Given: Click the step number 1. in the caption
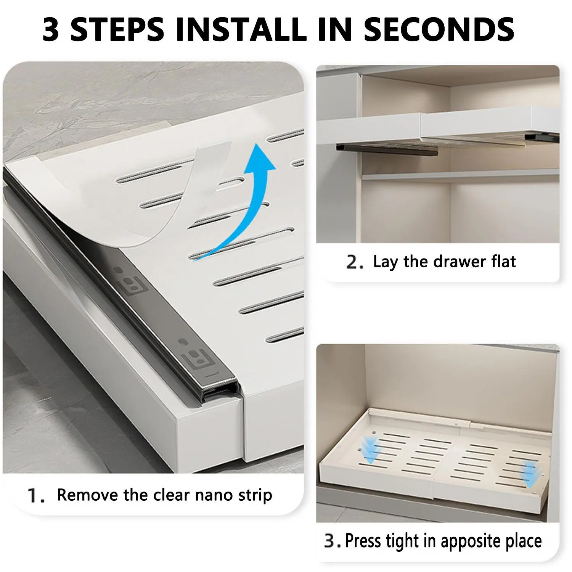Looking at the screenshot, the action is (x=37, y=496).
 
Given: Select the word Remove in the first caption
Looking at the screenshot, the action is (x=88, y=495).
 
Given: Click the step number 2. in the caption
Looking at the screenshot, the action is (x=355, y=262).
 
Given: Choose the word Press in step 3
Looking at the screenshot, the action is (x=363, y=541).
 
